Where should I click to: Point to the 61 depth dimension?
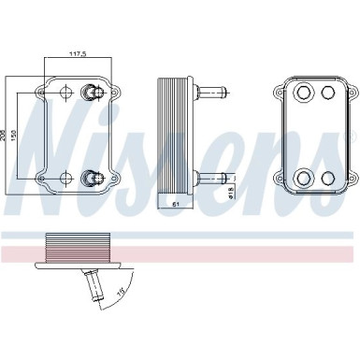pyautogui.click(x=174, y=202)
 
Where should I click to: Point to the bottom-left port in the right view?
pyautogui.click(x=303, y=177)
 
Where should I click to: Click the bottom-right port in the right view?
pyautogui.click(x=326, y=177)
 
